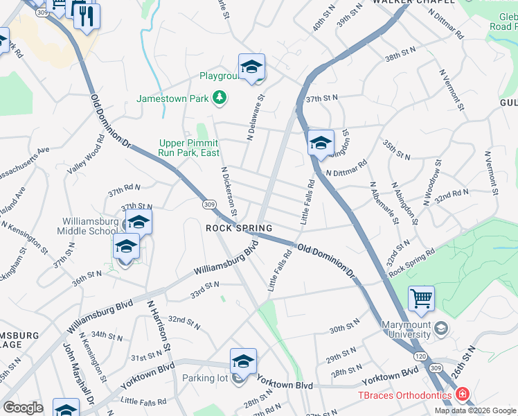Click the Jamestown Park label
click(172, 98)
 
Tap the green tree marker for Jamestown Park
click(220, 98)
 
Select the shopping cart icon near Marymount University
click(421, 300)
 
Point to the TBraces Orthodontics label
click(404, 395)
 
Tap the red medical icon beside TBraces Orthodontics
click(462, 395)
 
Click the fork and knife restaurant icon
click(87, 17)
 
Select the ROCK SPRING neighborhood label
click(238, 227)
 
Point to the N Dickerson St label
click(229, 191)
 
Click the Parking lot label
click(205, 379)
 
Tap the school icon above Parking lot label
click(243, 361)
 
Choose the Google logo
click(23, 408)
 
